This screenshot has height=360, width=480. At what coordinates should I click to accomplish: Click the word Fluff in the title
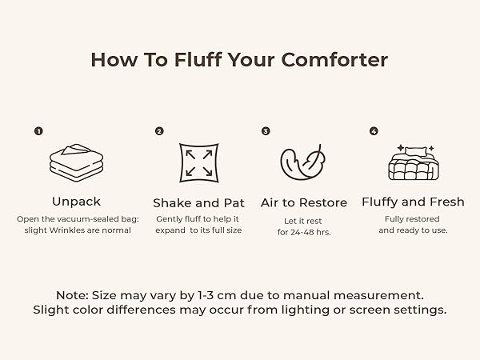coord(198,59)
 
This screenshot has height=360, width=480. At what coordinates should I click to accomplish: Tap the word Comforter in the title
coord(334,60)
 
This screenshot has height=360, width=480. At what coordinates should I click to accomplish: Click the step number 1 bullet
coord(38,131)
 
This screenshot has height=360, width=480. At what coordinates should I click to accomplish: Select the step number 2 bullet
coord(159,131)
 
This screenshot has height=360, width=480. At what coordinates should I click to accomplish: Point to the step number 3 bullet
coord(266,131)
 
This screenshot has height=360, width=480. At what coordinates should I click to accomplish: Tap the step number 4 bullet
coord(374,131)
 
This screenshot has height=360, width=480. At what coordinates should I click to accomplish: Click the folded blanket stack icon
coord(76,162)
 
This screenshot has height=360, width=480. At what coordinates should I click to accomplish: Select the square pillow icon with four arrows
coord(199,163)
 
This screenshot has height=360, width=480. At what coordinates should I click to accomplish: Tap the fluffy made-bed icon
coord(414,162)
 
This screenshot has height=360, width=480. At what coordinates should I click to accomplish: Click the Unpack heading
coord(76,202)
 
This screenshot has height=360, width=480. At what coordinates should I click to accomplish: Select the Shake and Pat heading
coord(198,203)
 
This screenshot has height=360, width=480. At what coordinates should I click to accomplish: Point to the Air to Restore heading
coord(304,202)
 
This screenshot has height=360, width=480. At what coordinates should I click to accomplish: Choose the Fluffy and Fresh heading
coord(414,202)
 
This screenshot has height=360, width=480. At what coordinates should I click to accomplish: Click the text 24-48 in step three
coord(302,232)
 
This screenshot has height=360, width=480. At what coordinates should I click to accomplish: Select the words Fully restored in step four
coord(412,219)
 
